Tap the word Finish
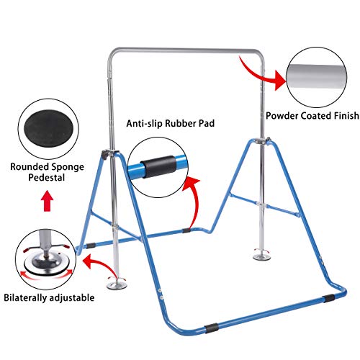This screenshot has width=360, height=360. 346,116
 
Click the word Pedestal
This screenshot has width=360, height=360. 47,178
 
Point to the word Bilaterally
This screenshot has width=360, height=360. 25,297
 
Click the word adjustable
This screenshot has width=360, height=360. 71,298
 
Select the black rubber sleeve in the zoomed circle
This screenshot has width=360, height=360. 158,166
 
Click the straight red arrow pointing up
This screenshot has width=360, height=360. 48,201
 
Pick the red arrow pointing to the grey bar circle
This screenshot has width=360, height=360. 261,73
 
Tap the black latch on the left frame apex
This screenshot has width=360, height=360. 105,155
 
